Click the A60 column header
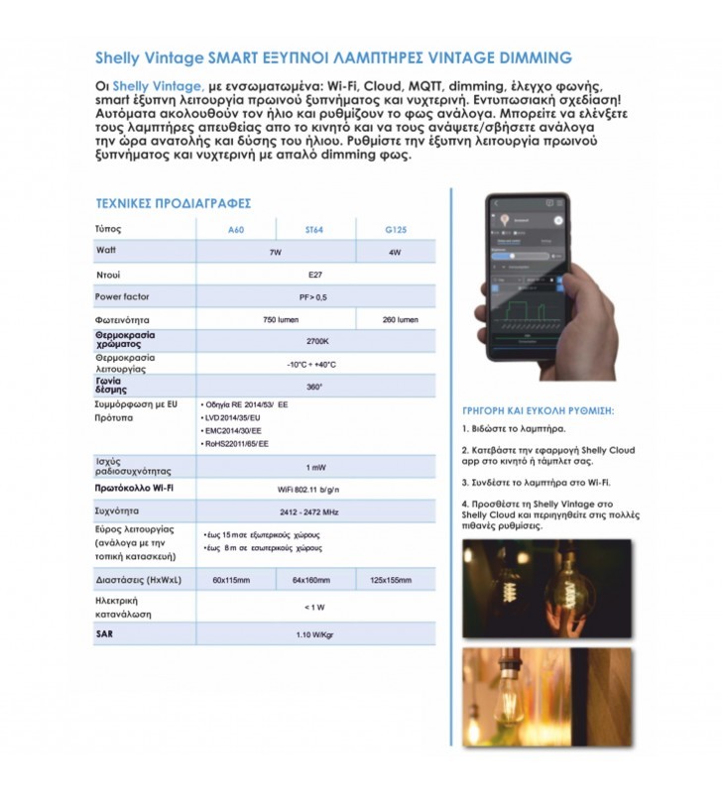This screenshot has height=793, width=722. tap(235, 230)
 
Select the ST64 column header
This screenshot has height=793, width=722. tap(314, 230)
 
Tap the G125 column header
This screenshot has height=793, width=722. tap(394, 230)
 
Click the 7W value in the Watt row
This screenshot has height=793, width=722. tap(275, 253)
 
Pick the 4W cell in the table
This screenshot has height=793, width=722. tap(395, 253)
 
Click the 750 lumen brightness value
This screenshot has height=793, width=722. tap(275, 320)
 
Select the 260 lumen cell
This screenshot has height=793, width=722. tap(400, 320)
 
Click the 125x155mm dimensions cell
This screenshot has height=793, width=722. tap(390, 579)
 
